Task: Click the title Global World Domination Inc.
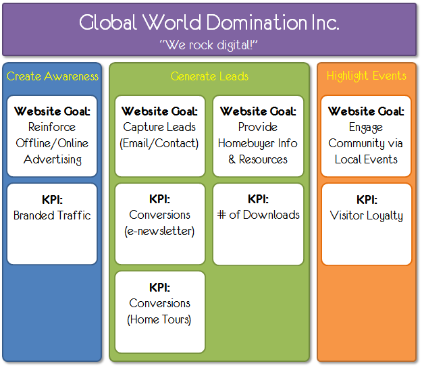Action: coord(209,24)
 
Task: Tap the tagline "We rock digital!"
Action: coord(209,45)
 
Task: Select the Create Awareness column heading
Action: coord(53,76)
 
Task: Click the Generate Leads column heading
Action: coord(209,76)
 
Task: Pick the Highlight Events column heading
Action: coord(367,76)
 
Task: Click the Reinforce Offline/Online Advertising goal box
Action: coord(53,136)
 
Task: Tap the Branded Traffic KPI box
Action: coord(53,224)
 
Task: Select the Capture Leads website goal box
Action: coord(160,136)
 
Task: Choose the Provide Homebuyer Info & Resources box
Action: coord(258,136)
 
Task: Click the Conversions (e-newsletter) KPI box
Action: coord(160,224)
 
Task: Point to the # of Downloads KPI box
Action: coord(258,224)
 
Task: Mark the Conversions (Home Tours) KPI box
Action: coord(160,311)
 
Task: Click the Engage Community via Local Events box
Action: coord(366,136)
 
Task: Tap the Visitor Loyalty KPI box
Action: coord(366,224)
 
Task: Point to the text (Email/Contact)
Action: coord(160,143)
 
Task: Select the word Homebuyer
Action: coord(246,143)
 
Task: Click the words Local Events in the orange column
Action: coord(366,159)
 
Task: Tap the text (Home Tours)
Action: coord(160,319)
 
